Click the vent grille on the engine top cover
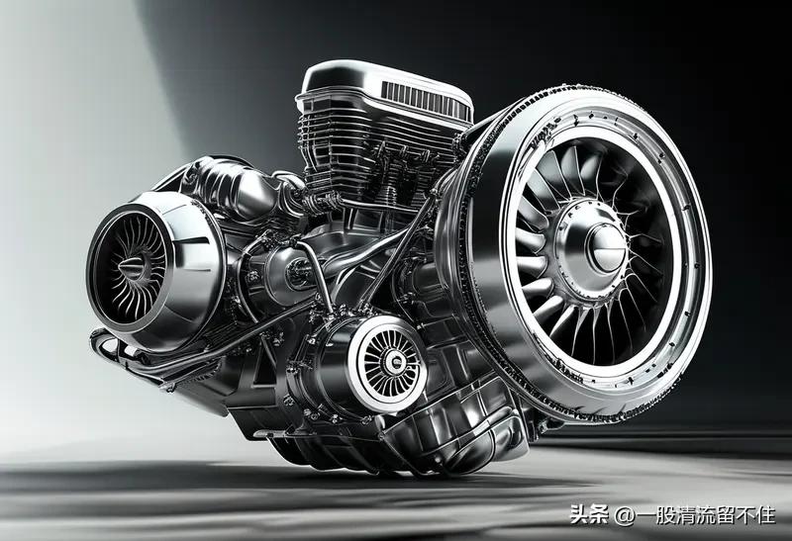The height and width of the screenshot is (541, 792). click(424, 99)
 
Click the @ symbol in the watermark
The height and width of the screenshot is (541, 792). click(625, 514)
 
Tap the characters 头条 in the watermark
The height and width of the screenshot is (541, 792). click(589, 514)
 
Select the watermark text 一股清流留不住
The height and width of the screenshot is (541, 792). click(706, 514)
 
